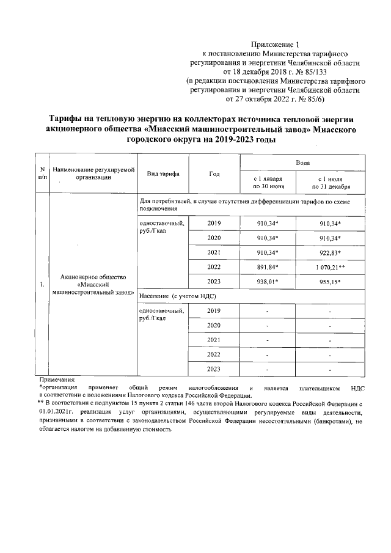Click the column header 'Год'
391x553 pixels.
click(214, 174)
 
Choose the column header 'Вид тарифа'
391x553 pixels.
click(163, 174)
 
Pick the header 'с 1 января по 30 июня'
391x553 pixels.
click(267, 183)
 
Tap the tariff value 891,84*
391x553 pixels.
click(268, 267)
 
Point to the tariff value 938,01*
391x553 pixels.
click(268, 282)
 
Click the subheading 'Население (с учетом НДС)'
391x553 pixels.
click(178, 296)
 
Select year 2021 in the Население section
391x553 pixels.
click(214, 340)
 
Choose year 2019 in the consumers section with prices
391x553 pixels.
click(214, 223)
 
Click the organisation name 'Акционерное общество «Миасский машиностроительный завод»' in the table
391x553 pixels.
click(93, 284)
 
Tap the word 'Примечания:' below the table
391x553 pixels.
click(57, 380)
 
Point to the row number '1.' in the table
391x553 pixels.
click(41, 284)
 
